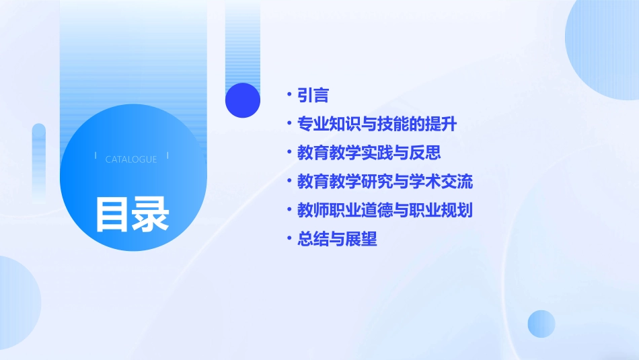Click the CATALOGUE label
pyautogui.click(x=131, y=159)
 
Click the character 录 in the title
pyautogui.click(x=150, y=214)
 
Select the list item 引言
pyautogui.click(x=313, y=96)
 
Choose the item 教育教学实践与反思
pyautogui.click(x=369, y=153)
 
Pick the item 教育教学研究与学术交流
pyautogui.click(x=385, y=182)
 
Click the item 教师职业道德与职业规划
pyautogui.click(x=385, y=210)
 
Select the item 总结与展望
pyautogui.click(x=337, y=239)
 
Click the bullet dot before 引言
pyautogui.click(x=289, y=96)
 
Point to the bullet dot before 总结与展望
pyautogui.click(x=289, y=239)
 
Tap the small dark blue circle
pyautogui.click(x=243, y=100)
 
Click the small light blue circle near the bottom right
pyautogui.click(x=541, y=324)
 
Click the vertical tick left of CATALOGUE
pyautogui.click(x=96, y=155)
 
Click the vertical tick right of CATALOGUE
pyautogui.click(x=167, y=155)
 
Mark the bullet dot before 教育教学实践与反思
pyautogui.click(x=289, y=153)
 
